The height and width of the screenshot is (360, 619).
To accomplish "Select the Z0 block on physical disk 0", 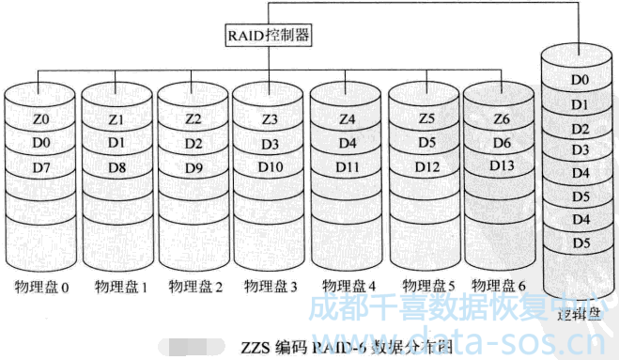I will click(39, 120).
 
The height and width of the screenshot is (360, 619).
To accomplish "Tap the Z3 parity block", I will click(270, 120).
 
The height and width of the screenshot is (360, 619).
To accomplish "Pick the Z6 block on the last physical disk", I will click(501, 119).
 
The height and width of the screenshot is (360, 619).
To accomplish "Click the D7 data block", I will click(39, 167).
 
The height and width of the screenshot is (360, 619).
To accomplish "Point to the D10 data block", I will click(270, 167).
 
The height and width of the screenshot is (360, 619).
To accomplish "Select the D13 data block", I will click(501, 165).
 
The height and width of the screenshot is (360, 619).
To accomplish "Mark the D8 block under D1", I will click(116, 167).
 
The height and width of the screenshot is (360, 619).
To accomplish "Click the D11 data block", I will click(347, 167).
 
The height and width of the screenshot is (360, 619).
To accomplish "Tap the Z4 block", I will click(347, 120).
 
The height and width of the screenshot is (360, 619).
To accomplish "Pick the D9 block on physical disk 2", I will click(193, 167).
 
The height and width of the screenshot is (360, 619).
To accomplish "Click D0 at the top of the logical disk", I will click(580, 80).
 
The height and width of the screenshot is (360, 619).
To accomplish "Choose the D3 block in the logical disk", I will click(580, 150).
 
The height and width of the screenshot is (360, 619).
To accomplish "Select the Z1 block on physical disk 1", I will click(116, 120).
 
